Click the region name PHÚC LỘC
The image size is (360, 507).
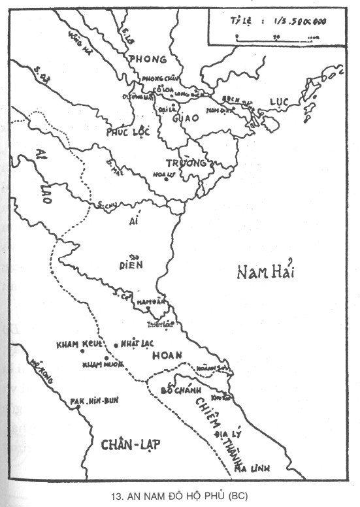click(129, 132)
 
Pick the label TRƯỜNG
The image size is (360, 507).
click(189, 162)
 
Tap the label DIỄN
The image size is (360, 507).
click(136, 265)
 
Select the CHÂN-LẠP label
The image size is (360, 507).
click(131, 444)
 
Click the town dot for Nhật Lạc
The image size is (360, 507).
click(116, 344)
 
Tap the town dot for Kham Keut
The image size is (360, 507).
click(83, 351)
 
